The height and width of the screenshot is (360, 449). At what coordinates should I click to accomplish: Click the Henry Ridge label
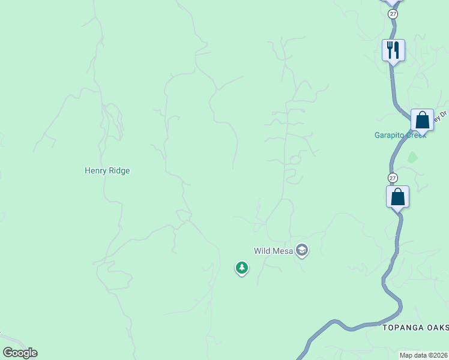coord(107,170)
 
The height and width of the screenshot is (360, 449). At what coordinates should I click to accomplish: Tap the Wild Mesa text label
coord(273,251)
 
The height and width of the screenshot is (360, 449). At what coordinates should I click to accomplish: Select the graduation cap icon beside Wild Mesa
coord(302,250)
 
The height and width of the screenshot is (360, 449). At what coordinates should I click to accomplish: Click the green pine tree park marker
coord(241,268)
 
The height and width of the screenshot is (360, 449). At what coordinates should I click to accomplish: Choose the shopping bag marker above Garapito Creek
coord(422,120)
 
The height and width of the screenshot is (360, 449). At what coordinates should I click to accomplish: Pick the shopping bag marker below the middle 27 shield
coord(397,196)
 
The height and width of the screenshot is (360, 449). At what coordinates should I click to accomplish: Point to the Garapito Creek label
coord(400,135)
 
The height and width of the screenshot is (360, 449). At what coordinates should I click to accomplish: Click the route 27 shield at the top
coord(393,14)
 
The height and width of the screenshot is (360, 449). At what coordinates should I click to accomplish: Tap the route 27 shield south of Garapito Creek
coord(393,178)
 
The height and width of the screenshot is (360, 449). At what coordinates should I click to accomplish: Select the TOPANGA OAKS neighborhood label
coord(415,327)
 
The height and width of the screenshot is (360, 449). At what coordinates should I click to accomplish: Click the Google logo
coord(20,353)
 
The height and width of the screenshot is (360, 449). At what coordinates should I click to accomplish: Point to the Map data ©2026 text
coord(423,355)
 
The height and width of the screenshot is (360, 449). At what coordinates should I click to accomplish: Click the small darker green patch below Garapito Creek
coord(412,157)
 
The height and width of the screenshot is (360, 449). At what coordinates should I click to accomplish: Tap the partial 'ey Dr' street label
coord(442,115)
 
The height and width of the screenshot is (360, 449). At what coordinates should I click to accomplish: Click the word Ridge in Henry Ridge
coord(119,170)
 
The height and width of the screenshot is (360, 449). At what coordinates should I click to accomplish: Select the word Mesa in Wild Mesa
coord(283,251)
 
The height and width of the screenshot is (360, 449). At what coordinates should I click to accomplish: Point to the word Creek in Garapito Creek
coord(415,135)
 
